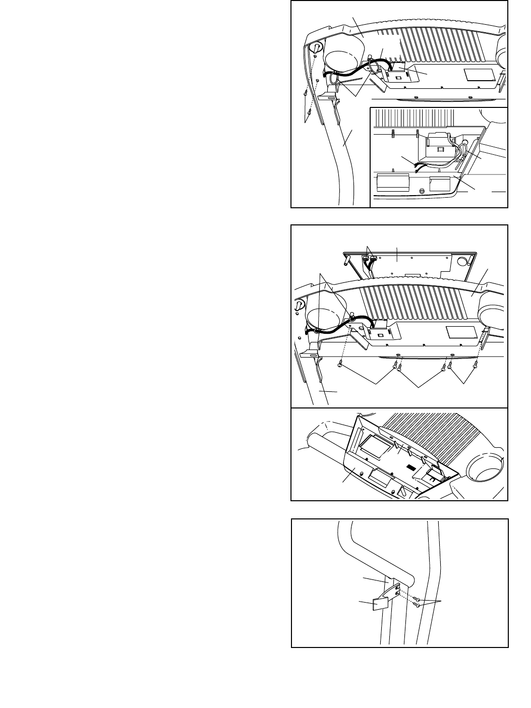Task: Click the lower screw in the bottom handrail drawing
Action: (418, 605)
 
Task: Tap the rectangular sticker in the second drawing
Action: (461, 332)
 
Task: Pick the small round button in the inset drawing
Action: (422, 191)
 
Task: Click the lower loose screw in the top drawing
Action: (308, 112)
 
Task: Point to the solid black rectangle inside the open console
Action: (412, 468)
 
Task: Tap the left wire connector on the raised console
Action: (365, 261)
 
